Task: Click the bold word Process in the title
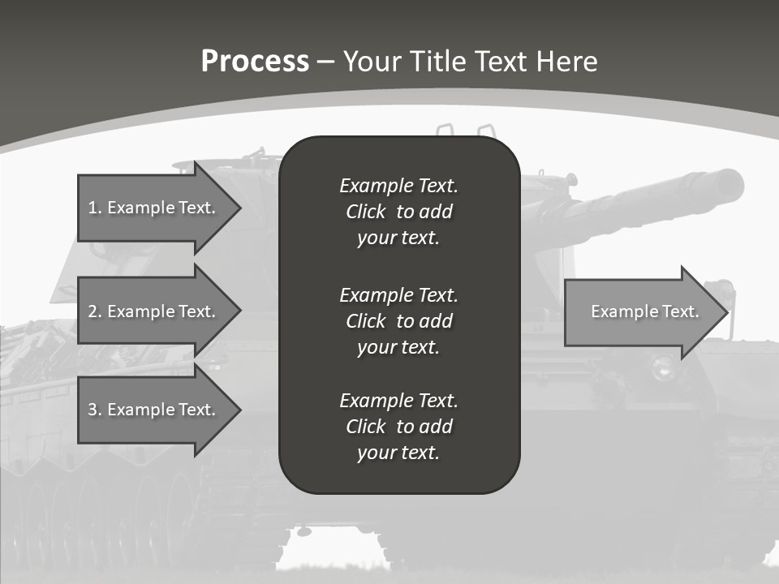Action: pos(255,62)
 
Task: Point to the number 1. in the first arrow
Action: pos(94,208)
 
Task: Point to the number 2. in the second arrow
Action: pos(94,311)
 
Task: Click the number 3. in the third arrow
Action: pos(94,410)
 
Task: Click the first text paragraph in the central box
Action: pos(398,212)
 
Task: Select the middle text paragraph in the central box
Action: pos(398,320)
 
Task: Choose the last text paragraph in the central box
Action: pos(398,427)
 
